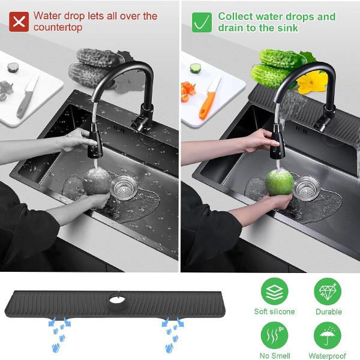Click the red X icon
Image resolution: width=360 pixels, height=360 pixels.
coord(19,22)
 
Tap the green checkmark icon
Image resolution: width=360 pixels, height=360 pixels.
coord(202,22)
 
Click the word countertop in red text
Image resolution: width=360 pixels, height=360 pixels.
coord(58,28)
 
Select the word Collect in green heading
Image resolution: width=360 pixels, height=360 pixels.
coord(235,17)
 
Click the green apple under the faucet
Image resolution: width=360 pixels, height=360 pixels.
coord(280,183)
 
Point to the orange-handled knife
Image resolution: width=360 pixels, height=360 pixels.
coord(209,98)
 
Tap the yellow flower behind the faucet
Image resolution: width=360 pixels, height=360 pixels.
coord(312,82)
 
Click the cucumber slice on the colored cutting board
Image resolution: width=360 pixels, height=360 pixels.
coord(196,68)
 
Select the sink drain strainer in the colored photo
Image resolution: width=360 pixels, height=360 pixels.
coord(306,188)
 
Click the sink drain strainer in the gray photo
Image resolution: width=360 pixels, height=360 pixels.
coord(124,187)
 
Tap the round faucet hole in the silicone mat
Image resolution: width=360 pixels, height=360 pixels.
coord(118,299)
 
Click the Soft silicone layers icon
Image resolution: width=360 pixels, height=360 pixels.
coord(274,292)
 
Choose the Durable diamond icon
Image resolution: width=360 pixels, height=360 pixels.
coord(328,292)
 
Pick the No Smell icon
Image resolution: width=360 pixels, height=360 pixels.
coord(274,335)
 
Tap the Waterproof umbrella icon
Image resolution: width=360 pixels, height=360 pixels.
coord(328,335)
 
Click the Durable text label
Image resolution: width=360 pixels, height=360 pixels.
coord(329,311)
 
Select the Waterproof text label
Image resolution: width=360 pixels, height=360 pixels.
coord(328,356)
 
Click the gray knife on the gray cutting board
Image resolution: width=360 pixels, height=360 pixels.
coord(28,96)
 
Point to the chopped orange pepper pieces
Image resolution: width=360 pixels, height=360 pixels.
coord(188,91)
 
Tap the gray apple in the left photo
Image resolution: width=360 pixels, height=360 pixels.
coord(97,181)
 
